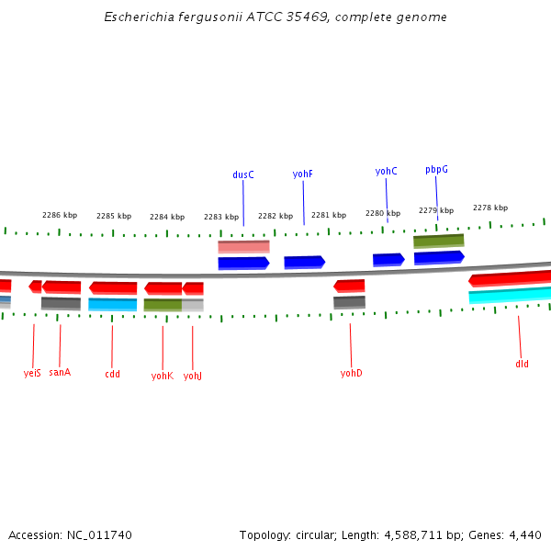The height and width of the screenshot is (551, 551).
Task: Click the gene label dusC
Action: pyautogui.click(x=243, y=174)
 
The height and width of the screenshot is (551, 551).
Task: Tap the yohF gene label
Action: pyautogui.click(x=303, y=174)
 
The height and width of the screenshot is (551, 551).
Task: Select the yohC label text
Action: pyautogui.click(x=386, y=172)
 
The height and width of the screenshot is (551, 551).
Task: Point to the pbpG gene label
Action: pyautogui.click(x=436, y=170)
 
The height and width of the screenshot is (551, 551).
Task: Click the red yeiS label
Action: pyautogui.click(x=32, y=373)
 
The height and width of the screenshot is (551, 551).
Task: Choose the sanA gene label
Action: pyautogui.click(x=60, y=373)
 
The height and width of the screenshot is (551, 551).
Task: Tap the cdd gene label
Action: pyautogui.click(x=112, y=374)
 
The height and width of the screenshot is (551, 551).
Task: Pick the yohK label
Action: pyautogui.click(x=163, y=375)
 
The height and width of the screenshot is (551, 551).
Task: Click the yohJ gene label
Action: pyautogui.click(x=193, y=375)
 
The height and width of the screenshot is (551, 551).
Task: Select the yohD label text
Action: pyautogui.click(x=351, y=373)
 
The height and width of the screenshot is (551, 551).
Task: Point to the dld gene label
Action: pyautogui.click(x=522, y=364)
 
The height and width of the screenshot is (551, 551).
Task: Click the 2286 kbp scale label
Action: pyautogui.click(x=60, y=215)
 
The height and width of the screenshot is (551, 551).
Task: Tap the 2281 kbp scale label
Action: pyautogui.click(x=329, y=215)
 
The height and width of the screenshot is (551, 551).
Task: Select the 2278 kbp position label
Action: pyautogui.click(x=490, y=208)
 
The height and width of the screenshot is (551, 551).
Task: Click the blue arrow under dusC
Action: pyautogui.click(x=243, y=263)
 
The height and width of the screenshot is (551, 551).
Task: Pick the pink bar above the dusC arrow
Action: pyautogui.click(x=243, y=246)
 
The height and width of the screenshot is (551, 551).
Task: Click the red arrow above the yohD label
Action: pyautogui.click(x=349, y=286)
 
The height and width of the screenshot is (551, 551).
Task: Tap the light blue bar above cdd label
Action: pyautogui.click(x=112, y=304)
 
